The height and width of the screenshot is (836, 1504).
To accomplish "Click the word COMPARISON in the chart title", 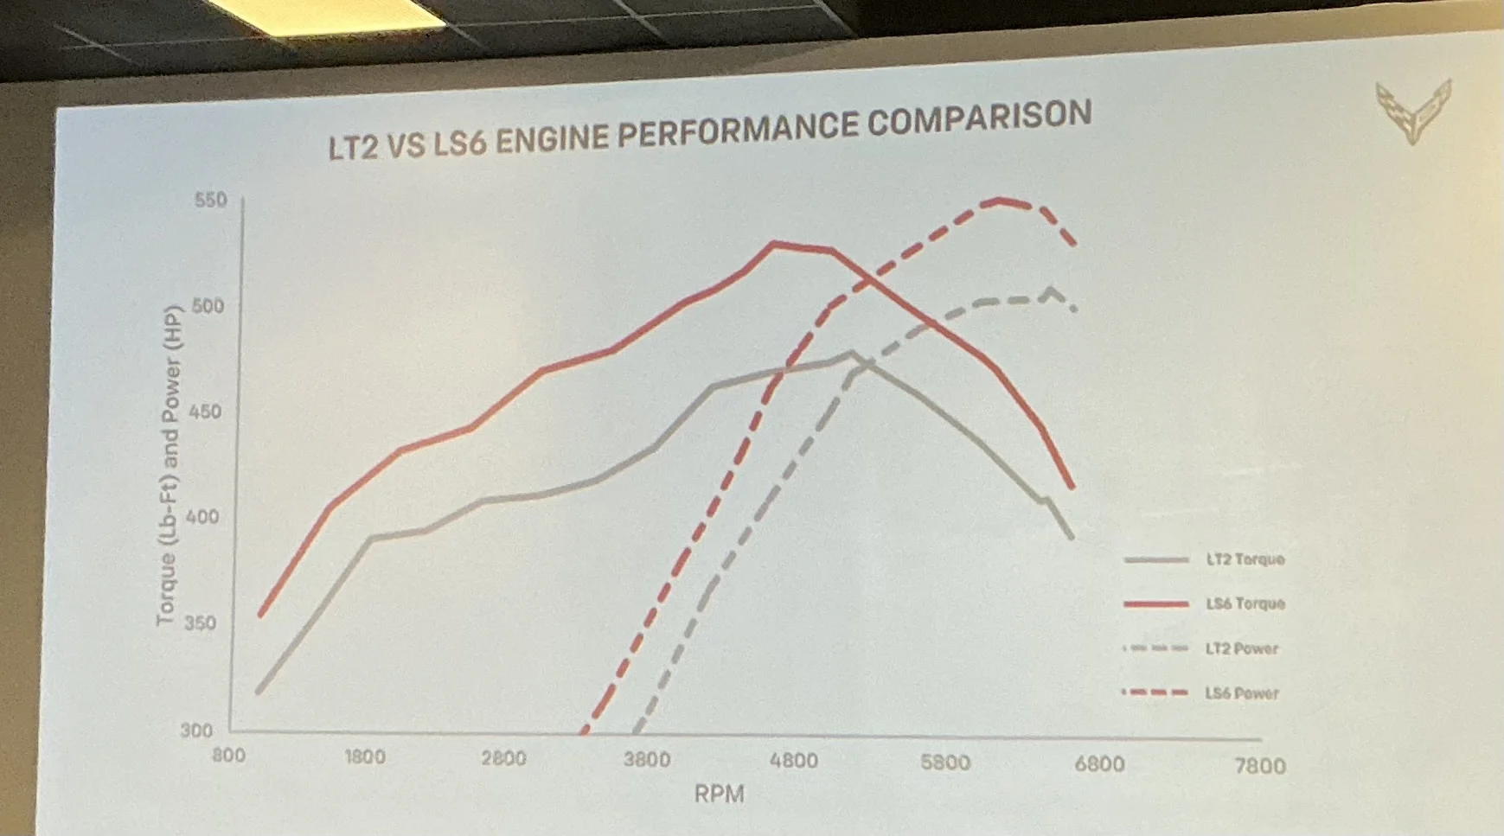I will pyautogui.click(x=979, y=120).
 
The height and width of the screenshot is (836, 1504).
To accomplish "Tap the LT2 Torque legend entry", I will pyautogui.click(x=1245, y=559).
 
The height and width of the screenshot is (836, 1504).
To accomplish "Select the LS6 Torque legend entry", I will pyautogui.click(x=1245, y=603).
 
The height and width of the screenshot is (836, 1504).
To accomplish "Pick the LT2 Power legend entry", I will pyautogui.click(x=1241, y=648).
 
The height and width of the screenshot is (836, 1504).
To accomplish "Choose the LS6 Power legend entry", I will pyautogui.click(x=1241, y=693).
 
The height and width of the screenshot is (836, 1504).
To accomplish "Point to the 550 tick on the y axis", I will pyautogui.click(x=210, y=200).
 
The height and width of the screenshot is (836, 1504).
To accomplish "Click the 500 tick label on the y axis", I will pyautogui.click(x=208, y=306).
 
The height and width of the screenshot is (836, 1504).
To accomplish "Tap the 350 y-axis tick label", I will pyautogui.click(x=200, y=622).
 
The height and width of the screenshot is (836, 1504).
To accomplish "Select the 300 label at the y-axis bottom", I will pyautogui.click(x=196, y=731).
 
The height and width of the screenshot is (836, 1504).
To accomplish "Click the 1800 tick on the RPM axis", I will pyautogui.click(x=365, y=757).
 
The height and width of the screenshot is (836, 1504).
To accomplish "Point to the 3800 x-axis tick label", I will pyautogui.click(x=647, y=759).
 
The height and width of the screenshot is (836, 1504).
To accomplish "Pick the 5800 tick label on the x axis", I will pyautogui.click(x=945, y=763).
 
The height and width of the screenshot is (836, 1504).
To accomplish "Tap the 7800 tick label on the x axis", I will pyautogui.click(x=1260, y=766).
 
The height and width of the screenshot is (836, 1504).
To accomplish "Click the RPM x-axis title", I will pyautogui.click(x=719, y=794).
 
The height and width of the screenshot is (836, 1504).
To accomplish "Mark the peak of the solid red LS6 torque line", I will pyautogui.click(x=772, y=244).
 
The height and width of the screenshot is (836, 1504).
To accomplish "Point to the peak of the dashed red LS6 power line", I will pyautogui.click(x=1000, y=201).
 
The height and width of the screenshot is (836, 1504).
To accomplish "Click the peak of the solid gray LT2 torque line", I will pyautogui.click(x=852, y=352).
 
